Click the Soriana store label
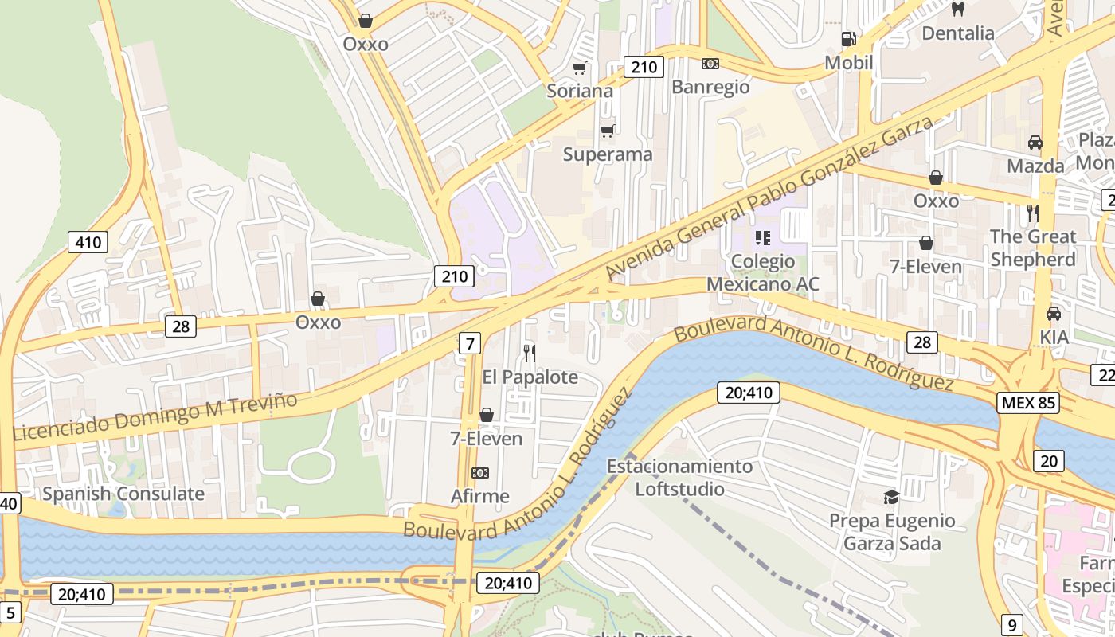pyautogui.click(x=580, y=91)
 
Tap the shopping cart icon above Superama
pyautogui.click(x=608, y=131)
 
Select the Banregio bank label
pyautogui.click(x=710, y=87)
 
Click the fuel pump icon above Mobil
pyautogui.click(x=849, y=39)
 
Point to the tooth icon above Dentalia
pyautogui.click(x=958, y=10)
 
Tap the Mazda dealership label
pyautogui.click(x=1035, y=166)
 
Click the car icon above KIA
pyautogui.click(x=1054, y=314)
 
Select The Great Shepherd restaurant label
pyautogui.click(x=1033, y=248)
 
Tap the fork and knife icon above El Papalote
pyautogui.click(x=530, y=353)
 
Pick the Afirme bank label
pyautogui.click(x=479, y=497)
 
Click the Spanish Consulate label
pyautogui.click(x=123, y=494)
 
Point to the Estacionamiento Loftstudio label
pyautogui.click(x=679, y=477)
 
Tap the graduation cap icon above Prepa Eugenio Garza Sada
pyautogui.click(x=891, y=498)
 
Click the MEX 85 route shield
pyautogui.click(x=1029, y=402)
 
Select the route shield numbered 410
pyautogui.click(x=88, y=242)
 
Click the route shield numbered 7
pyautogui.click(x=470, y=343)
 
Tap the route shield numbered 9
pyautogui.click(x=1011, y=625)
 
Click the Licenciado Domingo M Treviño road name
pyautogui.click(x=155, y=416)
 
